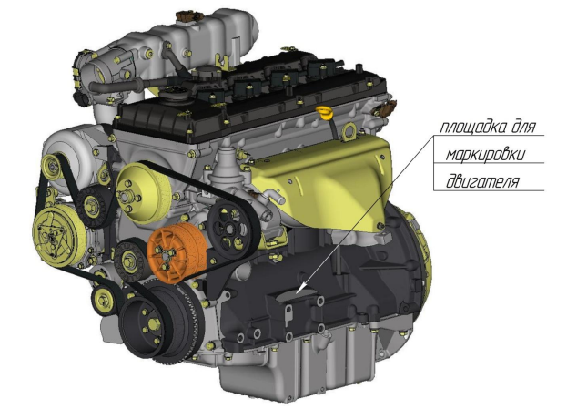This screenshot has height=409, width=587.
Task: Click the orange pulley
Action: point(176,253)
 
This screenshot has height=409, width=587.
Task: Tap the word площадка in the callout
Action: point(471,127)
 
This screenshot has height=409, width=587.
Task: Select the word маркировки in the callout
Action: point(485,154)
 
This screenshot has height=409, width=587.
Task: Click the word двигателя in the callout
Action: point(482,181)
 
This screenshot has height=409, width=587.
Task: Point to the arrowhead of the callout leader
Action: point(299,290)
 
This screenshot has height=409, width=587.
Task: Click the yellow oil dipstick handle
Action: point(325,112)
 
